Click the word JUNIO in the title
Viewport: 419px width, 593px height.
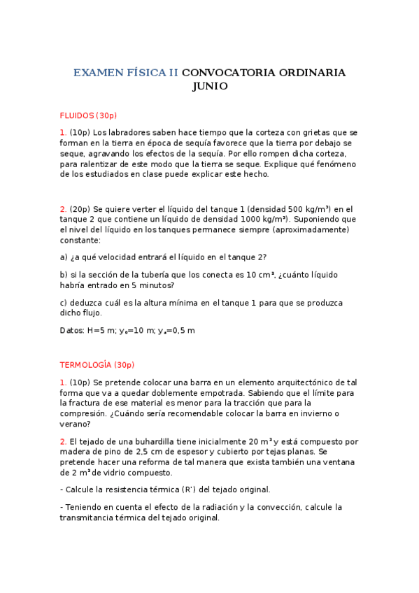click(x=210, y=87)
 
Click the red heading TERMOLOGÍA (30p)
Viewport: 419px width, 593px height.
click(x=97, y=365)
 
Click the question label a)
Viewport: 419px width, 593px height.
click(x=64, y=257)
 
